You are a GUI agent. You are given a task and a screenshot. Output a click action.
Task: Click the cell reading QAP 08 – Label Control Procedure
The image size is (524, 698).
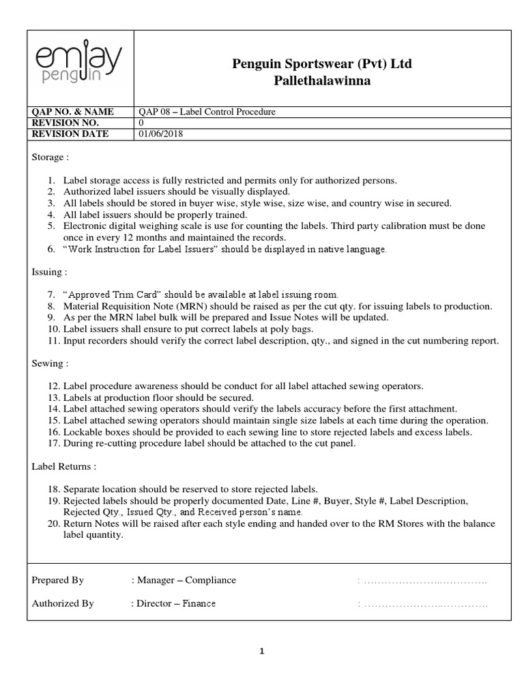point(207,112)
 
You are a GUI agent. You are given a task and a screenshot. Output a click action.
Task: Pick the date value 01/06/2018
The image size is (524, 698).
point(160,134)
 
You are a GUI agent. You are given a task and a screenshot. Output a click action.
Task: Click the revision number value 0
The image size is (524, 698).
point(141,123)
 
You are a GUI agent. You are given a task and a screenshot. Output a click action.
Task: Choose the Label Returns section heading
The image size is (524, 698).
point(64,467)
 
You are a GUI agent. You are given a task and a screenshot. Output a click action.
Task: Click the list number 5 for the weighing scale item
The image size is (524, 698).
point(52,226)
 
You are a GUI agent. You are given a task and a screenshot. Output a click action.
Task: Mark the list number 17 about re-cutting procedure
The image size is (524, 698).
point(54,444)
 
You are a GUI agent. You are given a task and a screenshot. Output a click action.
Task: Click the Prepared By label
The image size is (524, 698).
point(58,580)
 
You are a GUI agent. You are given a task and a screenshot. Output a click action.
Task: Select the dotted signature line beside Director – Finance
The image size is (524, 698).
point(425,604)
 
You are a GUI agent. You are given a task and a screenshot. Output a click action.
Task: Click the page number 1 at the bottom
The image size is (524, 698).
point(261,652)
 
